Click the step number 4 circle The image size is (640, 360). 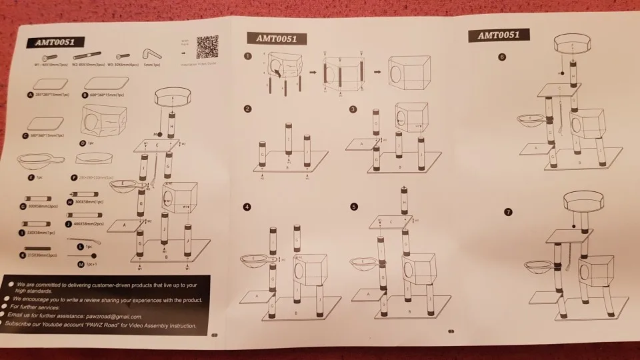[x=248, y=207]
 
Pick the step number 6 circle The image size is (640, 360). [x=502, y=57]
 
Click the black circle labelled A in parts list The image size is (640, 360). [x=30, y=95]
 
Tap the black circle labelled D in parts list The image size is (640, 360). [x=82, y=143]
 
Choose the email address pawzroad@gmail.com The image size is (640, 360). [x=123, y=316]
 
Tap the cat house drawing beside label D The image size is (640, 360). [x=98, y=122]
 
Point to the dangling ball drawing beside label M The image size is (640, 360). [x=93, y=255]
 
